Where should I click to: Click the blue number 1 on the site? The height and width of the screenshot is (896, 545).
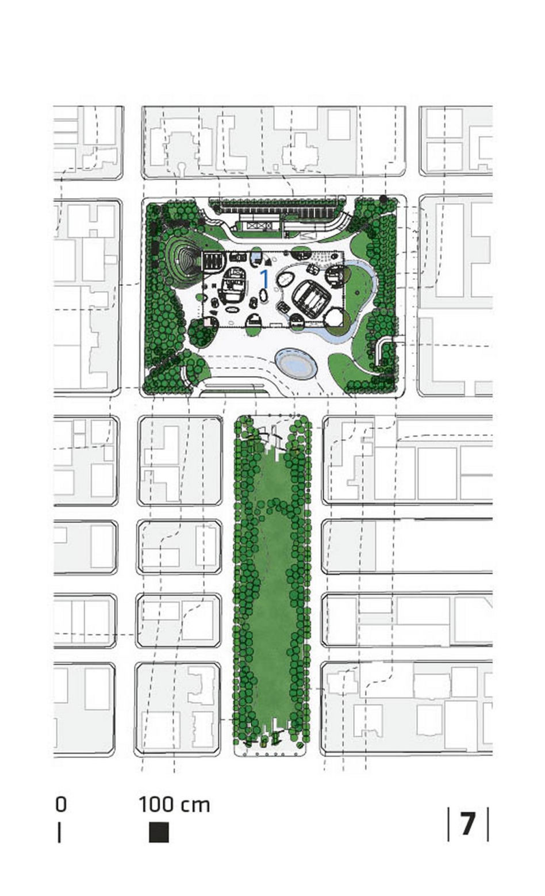(264, 279)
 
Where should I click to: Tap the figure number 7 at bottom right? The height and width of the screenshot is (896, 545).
(468, 824)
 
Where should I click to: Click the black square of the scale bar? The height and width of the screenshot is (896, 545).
(159, 832)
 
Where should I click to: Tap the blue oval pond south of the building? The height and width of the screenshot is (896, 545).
(297, 363)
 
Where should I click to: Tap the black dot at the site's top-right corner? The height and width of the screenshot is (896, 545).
(383, 199)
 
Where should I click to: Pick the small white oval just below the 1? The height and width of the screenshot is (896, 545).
(263, 296)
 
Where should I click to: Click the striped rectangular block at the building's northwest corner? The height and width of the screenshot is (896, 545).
(213, 262)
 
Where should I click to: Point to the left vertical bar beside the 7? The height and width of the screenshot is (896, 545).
(448, 824)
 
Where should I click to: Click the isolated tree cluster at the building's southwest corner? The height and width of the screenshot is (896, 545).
(201, 333)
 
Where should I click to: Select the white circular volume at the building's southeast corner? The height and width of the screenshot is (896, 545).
(334, 319)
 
